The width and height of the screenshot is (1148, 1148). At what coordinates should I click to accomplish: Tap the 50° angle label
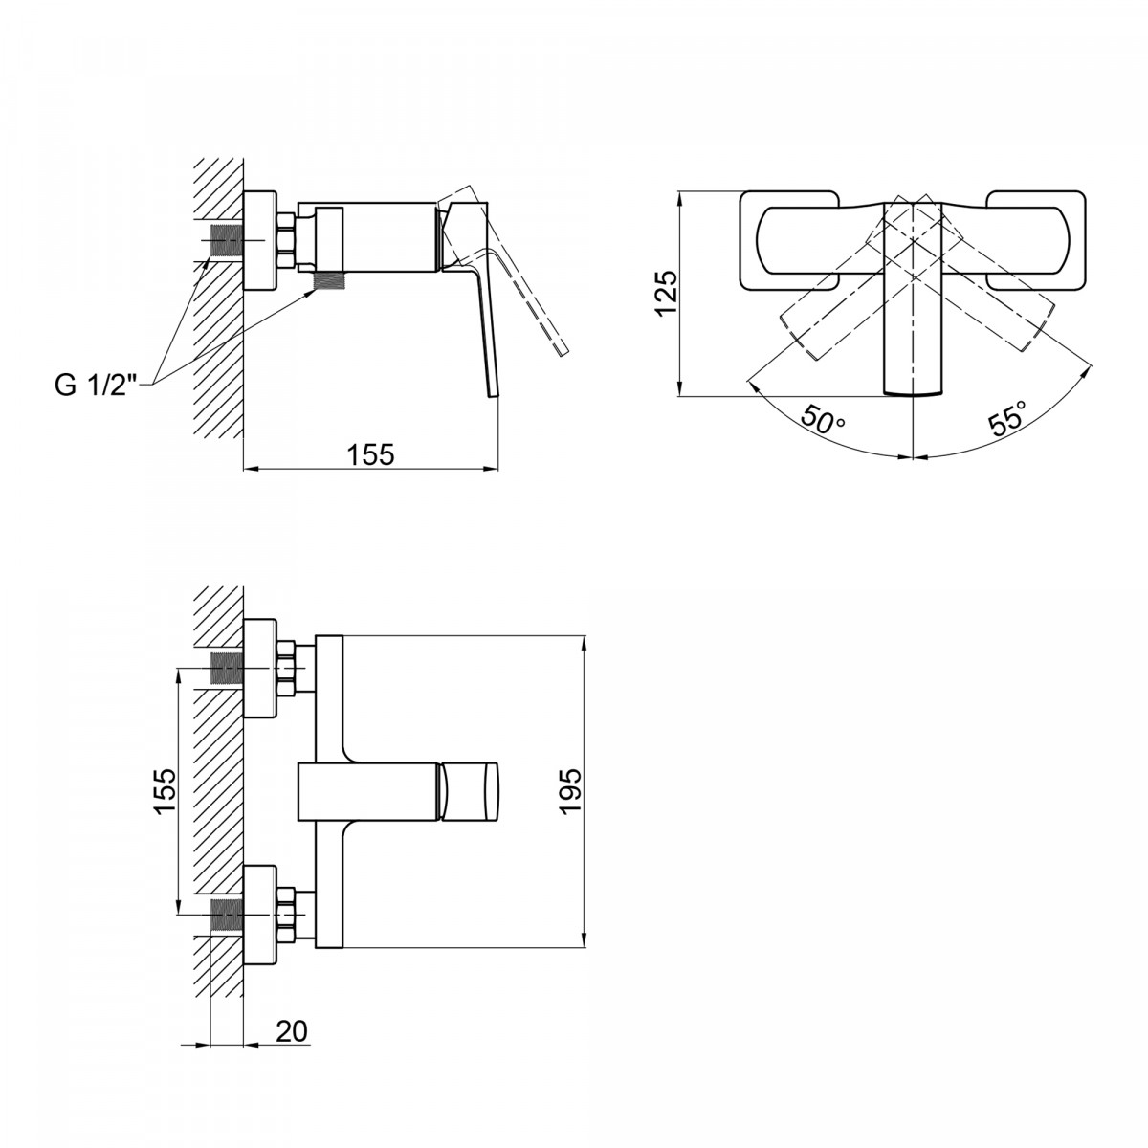pyautogui.click(x=823, y=418)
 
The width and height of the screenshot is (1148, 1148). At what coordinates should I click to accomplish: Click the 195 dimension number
pyautogui.click(x=569, y=791)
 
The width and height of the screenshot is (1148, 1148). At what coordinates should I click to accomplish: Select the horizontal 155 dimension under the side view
pyautogui.click(x=370, y=454)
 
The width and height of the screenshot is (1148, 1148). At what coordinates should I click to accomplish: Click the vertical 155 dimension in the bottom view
pyautogui.click(x=165, y=790)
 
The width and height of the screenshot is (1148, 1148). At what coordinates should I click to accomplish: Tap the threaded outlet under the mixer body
pyautogui.click(x=330, y=280)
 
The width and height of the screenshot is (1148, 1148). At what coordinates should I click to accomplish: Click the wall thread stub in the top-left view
pyautogui.click(x=225, y=242)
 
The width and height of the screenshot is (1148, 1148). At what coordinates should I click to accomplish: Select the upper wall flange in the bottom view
pyautogui.click(x=260, y=668)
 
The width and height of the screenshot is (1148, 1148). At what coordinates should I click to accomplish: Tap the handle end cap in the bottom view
pyautogui.click(x=470, y=791)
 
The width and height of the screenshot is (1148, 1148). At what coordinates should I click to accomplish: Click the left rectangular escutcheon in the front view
pyautogui.click(x=789, y=241)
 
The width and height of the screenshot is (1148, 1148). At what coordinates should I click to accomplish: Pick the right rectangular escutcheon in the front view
pyautogui.click(x=1035, y=241)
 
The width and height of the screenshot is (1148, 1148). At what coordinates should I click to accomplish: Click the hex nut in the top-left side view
pyautogui.click(x=287, y=241)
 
